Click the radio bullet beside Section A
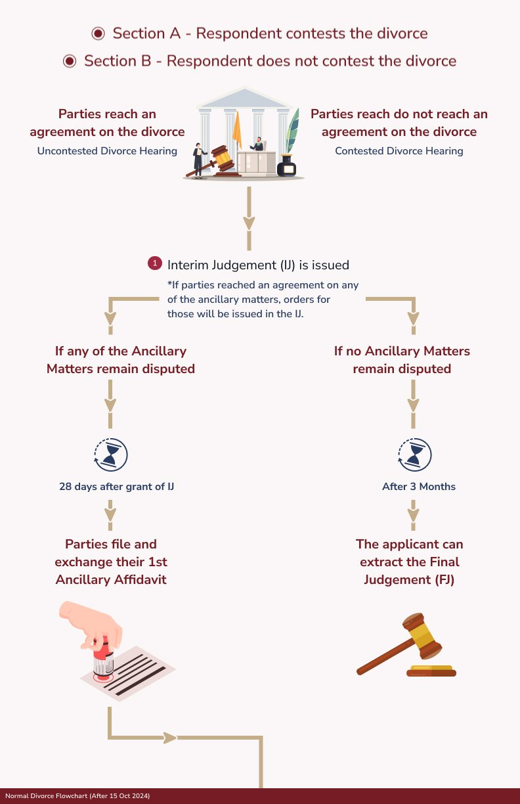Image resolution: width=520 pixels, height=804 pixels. (98, 33)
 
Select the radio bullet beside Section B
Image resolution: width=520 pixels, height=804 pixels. (70, 61)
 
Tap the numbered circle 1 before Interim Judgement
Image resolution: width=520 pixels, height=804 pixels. (155, 263)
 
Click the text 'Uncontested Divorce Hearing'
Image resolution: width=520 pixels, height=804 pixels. (107, 151)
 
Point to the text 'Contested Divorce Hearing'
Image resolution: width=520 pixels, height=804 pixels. (399, 151)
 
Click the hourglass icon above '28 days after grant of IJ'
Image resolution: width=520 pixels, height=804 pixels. (111, 454)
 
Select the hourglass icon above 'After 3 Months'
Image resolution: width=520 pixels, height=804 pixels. (414, 454)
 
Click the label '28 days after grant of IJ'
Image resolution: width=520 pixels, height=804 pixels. (116, 487)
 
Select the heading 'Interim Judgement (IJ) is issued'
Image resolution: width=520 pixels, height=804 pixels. (258, 265)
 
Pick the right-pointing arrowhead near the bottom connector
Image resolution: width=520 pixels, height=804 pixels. (170, 738)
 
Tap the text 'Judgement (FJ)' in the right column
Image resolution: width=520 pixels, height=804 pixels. (409, 580)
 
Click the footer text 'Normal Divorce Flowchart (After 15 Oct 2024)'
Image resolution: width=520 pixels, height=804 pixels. (77, 796)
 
